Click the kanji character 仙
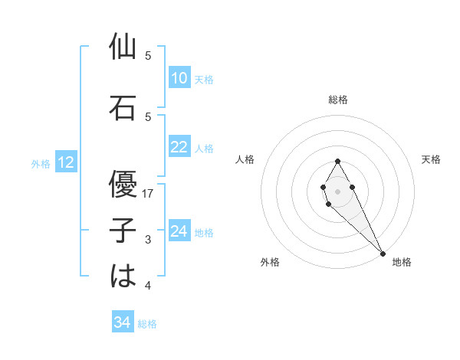pyautogui.click(x=123, y=47)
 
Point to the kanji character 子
pyautogui.click(x=123, y=231)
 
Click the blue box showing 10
pyautogui.click(x=179, y=78)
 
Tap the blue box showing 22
pyautogui.click(x=179, y=147)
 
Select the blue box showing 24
pyautogui.click(x=179, y=231)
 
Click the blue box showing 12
pyautogui.click(x=65, y=162)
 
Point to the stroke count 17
pyautogui.click(x=148, y=194)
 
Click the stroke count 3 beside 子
pyautogui.click(x=148, y=240)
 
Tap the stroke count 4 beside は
pyautogui.click(x=148, y=286)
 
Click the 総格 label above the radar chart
pyautogui.click(x=338, y=100)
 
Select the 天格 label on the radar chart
pyautogui.click(x=431, y=159)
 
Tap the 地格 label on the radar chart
pyautogui.click(x=402, y=262)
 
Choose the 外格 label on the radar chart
pyautogui.click(x=270, y=262)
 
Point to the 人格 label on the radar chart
pyautogui.click(x=245, y=159)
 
